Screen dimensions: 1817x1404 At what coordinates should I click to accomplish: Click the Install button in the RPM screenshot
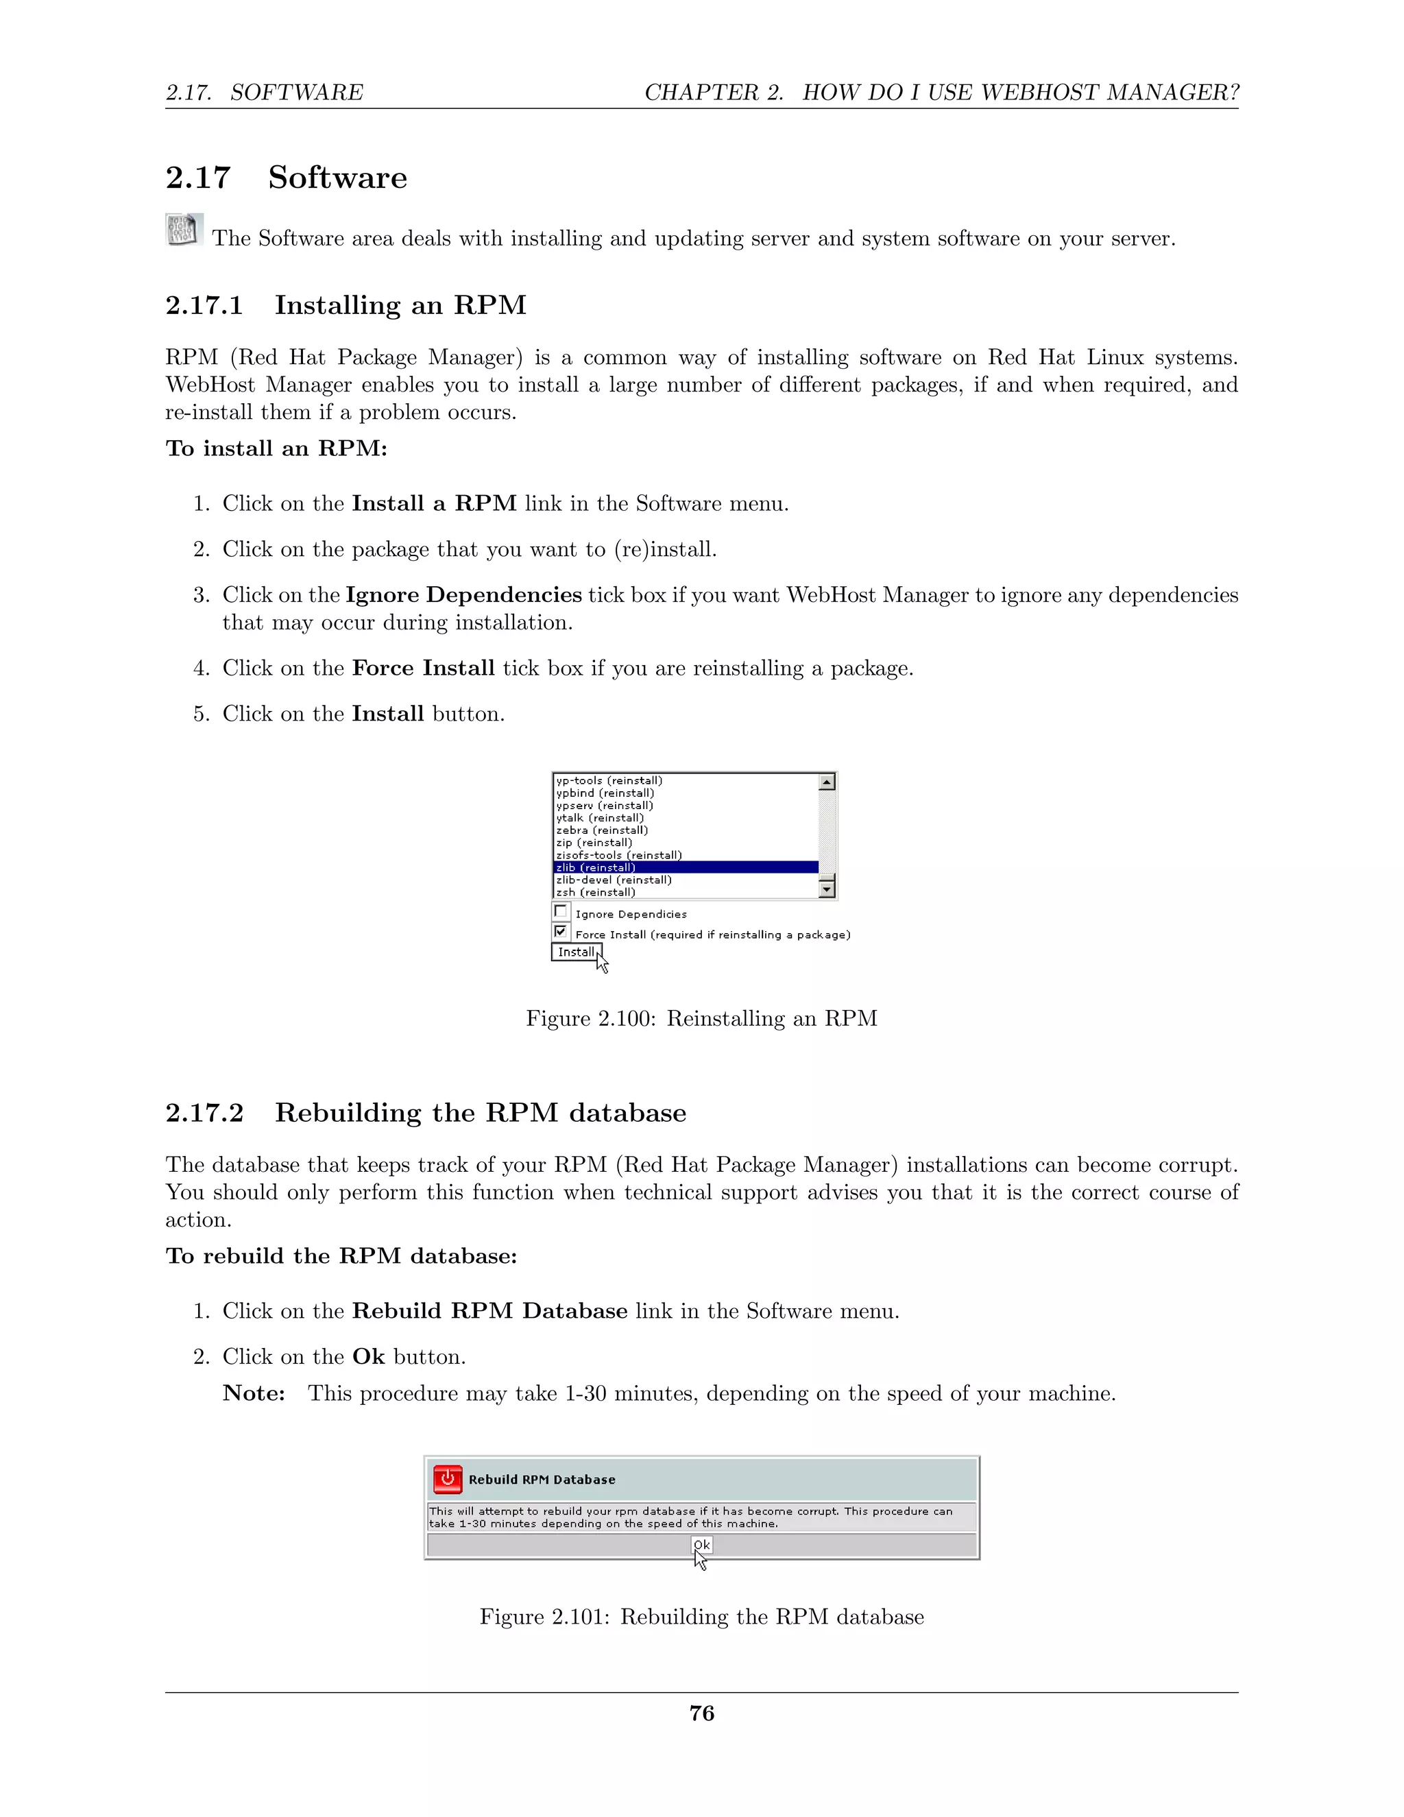point(576,952)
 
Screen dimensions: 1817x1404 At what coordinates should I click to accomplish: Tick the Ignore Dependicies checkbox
point(561,911)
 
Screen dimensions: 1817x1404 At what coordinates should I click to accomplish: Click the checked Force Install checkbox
point(561,931)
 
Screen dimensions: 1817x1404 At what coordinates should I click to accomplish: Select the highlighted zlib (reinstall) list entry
point(596,867)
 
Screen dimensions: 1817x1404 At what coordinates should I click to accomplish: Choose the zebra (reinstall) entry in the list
point(601,830)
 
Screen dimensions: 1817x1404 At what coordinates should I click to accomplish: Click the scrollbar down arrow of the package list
point(827,889)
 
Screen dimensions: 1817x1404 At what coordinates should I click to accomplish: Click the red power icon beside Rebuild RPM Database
point(448,1479)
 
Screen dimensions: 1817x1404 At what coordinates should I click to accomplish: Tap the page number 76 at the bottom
point(701,1713)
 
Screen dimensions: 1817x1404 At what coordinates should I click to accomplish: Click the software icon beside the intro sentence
point(183,230)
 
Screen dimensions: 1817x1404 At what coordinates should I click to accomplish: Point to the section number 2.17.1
point(204,305)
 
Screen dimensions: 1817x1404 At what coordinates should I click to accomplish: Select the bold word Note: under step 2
point(254,1393)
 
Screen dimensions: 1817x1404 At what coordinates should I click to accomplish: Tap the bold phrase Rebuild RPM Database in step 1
point(489,1311)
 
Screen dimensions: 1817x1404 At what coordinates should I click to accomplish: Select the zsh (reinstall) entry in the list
point(596,892)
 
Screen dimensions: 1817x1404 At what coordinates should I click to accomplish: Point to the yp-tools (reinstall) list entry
point(609,780)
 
